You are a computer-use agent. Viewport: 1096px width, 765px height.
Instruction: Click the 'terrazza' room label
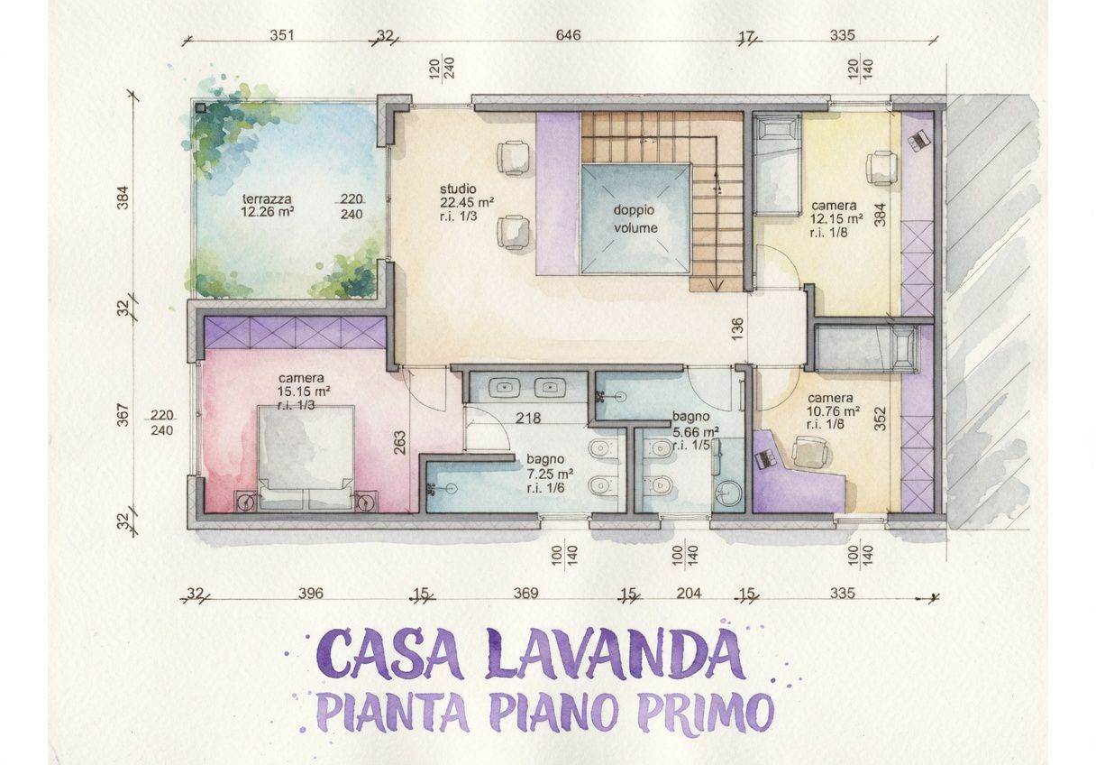267,199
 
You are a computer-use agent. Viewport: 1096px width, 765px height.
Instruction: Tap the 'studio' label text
458,189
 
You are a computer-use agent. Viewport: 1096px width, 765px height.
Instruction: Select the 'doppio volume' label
635,219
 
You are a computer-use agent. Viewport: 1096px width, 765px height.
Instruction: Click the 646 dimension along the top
568,35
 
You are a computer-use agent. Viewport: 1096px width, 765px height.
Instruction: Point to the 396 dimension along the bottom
311,593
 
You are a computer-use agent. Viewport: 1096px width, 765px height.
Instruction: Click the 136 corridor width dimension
738,328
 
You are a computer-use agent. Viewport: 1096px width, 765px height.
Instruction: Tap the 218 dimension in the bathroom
528,418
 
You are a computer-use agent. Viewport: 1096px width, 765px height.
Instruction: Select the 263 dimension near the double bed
400,442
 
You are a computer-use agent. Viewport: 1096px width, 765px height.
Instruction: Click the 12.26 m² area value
267,212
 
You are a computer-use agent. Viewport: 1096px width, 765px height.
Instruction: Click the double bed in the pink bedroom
306,458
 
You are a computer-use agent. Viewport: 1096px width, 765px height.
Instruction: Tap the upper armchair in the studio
513,158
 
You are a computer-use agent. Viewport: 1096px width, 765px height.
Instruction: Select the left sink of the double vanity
505,388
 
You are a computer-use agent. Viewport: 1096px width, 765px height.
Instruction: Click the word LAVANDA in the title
614,655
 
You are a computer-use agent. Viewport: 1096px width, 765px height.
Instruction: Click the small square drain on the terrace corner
201,107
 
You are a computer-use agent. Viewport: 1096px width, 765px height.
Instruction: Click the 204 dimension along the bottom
689,593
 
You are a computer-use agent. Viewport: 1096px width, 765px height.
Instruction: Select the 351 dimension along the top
282,35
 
